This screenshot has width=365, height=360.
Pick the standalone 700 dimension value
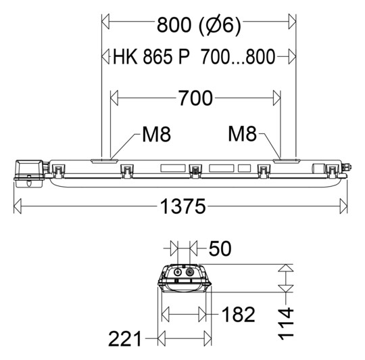[195, 99]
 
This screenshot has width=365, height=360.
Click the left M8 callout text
[156, 135]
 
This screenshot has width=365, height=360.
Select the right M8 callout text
[242, 135]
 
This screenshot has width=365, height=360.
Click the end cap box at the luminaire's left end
[29, 173]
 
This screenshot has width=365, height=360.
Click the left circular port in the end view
[178, 272]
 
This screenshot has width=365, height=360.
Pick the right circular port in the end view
[191, 272]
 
